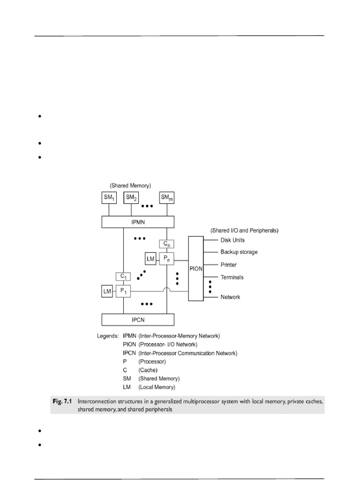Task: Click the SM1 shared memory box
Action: (x=109, y=198)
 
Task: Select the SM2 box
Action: (x=131, y=198)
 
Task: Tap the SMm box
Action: (x=166, y=198)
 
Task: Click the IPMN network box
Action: (x=138, y=222)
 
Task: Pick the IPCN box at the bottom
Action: (x=138, y=320)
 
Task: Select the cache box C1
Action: (x=123, y=277)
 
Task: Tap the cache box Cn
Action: (x=166, y=244)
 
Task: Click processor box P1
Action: (x=123, y=292)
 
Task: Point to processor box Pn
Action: (x=166, y=258)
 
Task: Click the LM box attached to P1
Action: (x=107, y=292)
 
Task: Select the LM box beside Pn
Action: (x=150, y=258)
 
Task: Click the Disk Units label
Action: (x=232, y=240)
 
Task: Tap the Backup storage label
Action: (x=239, y=252)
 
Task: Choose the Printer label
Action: (x=229, y=265)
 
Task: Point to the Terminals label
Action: (x=232, y=277)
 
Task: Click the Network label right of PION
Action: (x=230, y=297)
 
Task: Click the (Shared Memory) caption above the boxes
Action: (x=130, y=186)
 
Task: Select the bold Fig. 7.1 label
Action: (x=62, y=401)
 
